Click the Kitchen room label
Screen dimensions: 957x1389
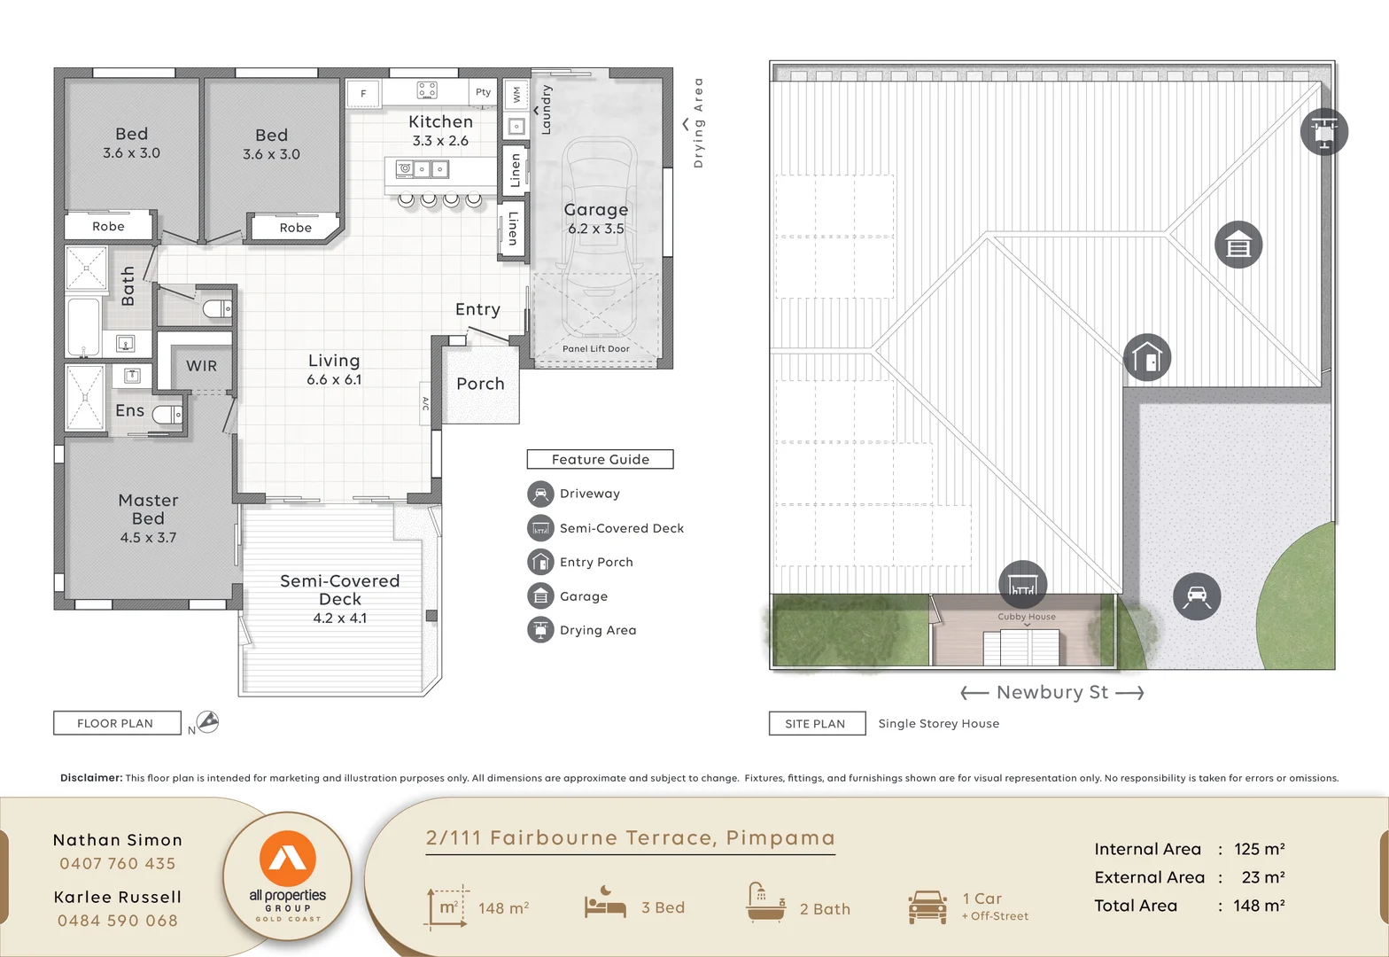pos(440,122)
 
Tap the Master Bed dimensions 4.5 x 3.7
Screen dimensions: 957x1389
pos(148,537)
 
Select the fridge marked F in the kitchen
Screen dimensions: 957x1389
pos(363,93)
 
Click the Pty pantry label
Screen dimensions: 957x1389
pos(483,92)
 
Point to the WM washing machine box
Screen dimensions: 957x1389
pos(516,93)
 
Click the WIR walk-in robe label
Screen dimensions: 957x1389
pos(201,366)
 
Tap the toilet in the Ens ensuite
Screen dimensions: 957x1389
pos(167,414)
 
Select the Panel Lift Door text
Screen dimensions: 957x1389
pos(595,349)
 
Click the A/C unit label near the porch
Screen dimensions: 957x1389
pos(425,404)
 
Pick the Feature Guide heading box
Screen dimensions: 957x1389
pos(600,459)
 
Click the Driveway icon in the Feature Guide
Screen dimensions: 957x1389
pos(539,494)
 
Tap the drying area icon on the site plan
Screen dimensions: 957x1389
pos(1323,132)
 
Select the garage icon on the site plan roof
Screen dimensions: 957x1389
pos(1238,245)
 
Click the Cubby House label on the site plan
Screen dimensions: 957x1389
pos(1026,617)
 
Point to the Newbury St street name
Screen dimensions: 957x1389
pos(1051,692)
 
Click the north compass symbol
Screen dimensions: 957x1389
pos(207,722)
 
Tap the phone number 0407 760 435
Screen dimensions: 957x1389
pos(118,863)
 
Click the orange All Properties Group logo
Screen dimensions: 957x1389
pos(287,860)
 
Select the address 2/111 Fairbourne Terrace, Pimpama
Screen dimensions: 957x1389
pos(630,837)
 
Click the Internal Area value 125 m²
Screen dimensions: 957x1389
pos(1259,849)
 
